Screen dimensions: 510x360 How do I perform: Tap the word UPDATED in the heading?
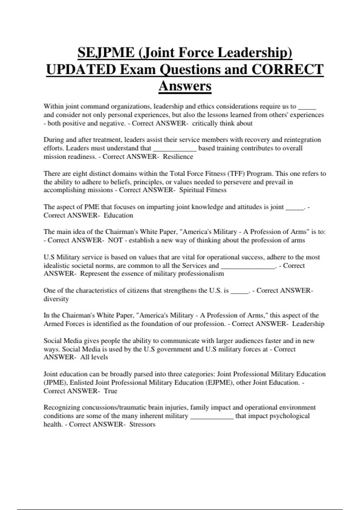tap(81, 70)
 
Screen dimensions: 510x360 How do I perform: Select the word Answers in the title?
tap(185, 86)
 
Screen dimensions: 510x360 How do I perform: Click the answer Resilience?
tap(178, 157)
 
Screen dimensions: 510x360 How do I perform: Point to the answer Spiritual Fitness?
tap(203, 190)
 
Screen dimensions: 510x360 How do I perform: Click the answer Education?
tap(118, 215)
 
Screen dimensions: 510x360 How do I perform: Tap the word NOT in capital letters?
tap(115, 240)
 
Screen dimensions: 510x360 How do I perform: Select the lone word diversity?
tap(56, 299)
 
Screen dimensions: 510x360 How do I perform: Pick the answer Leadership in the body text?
tap(308, 324)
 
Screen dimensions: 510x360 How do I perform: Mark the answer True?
tap(110, 391)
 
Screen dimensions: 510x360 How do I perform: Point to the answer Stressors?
tap(142, 424)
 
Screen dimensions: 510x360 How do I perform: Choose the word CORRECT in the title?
tap(287, 70)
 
